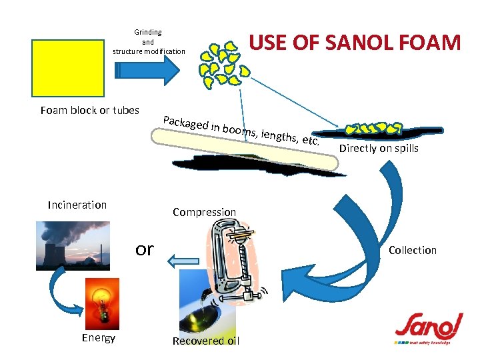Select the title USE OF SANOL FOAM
point(355,43)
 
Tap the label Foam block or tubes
point(89,110)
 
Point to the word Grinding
point(148,32)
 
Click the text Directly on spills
point(379,149)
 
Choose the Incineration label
point(77,205)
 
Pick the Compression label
point(204,212)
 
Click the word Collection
point(413,250)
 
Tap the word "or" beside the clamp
point(144,249)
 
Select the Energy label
point(99,338)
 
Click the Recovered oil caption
point(205,341)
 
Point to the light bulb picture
point(102,303)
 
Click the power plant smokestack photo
point(73,245)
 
